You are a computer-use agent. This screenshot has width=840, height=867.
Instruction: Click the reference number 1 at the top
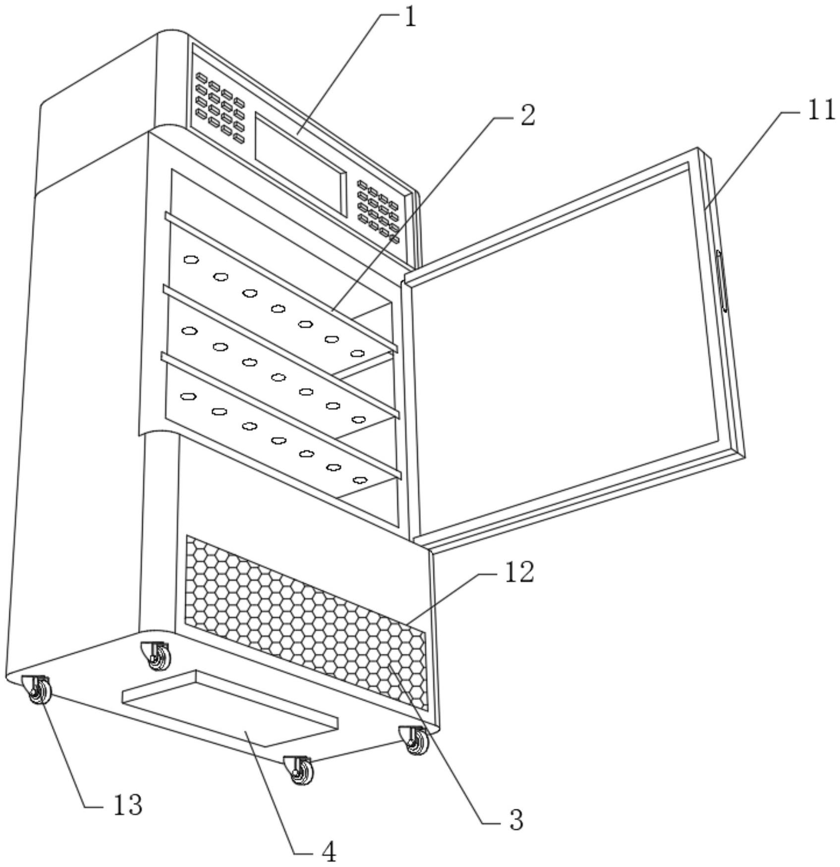coord(410,18)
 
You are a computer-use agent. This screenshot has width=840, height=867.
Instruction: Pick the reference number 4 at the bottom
coord(328,852)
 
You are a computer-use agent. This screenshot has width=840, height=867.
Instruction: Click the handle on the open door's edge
coord(722,282)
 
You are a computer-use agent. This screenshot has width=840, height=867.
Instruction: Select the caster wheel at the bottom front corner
coord(300,771)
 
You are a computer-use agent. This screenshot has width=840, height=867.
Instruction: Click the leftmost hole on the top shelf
coord(191,259)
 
